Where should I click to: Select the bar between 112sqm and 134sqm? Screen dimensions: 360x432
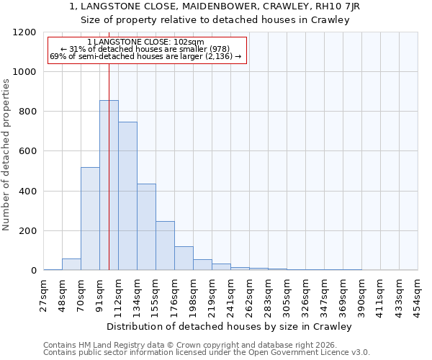(127, 196)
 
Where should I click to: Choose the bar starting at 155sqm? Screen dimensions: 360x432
(165, 246)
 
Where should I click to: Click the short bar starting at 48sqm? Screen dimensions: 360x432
(71, 264)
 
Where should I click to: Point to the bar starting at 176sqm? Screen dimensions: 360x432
(184, 258)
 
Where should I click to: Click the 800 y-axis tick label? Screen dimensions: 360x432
(27, 112)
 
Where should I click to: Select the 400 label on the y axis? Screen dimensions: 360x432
(27, 192)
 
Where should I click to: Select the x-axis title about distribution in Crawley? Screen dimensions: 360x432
(230, 326)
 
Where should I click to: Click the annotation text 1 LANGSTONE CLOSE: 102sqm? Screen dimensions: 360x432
(146, 42)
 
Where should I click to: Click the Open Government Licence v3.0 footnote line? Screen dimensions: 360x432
(206, 352)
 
